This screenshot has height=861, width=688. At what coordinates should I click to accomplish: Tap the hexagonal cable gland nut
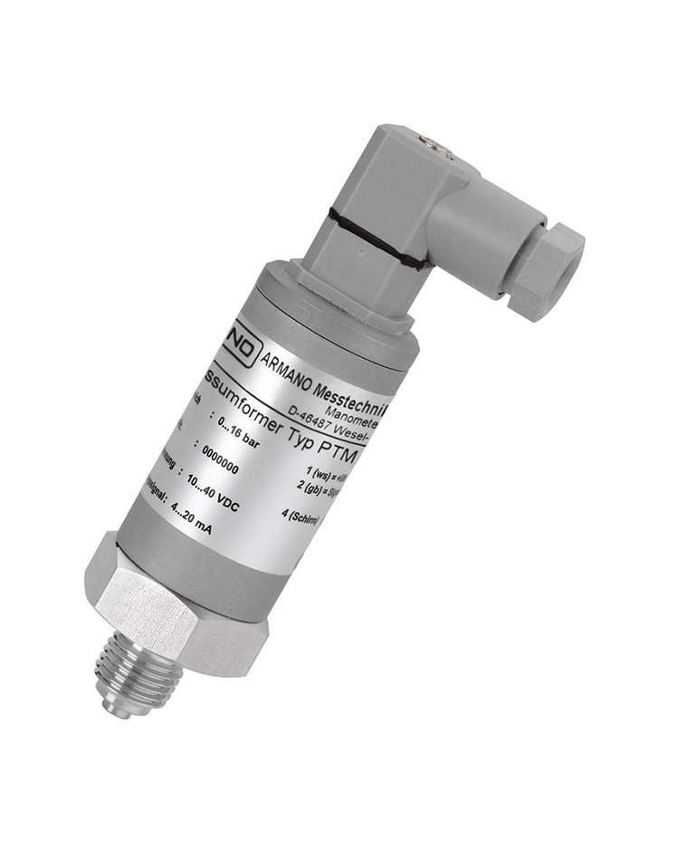[x=545, y=272]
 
